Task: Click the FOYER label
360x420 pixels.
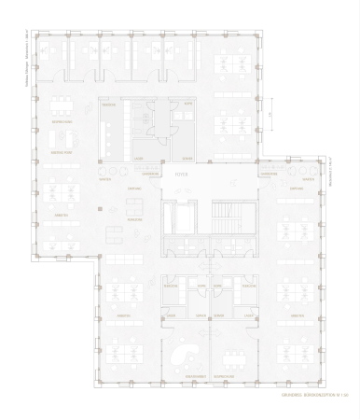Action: (x=181, y=173)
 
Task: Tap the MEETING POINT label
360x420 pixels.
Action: (x=62, y=151)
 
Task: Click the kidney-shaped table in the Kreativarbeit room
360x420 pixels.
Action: (x=186, y=354)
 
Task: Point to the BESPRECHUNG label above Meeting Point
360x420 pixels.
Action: (x=62, y=121)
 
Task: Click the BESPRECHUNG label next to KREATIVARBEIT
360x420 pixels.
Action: (x=223, y=377)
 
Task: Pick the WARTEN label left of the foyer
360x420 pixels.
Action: (x=104, y=181)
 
